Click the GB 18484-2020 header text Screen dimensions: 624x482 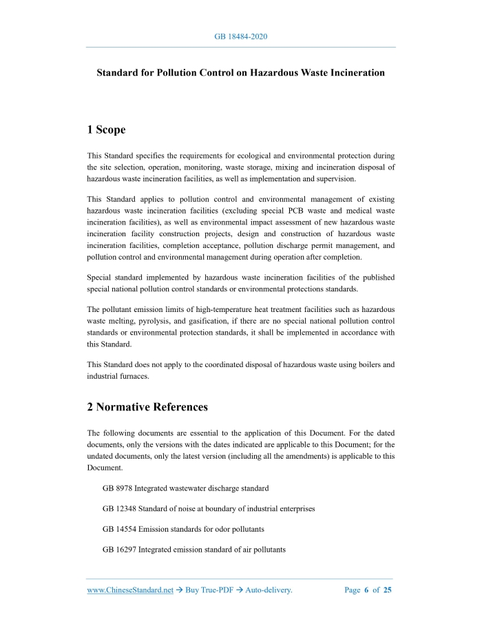240,36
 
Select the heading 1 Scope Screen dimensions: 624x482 107,129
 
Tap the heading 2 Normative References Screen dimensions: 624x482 147,406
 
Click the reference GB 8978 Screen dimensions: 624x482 117,488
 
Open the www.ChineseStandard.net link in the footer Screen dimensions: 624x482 130,590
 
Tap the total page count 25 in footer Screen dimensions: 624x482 388,590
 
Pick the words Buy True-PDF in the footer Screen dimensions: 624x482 211,590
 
